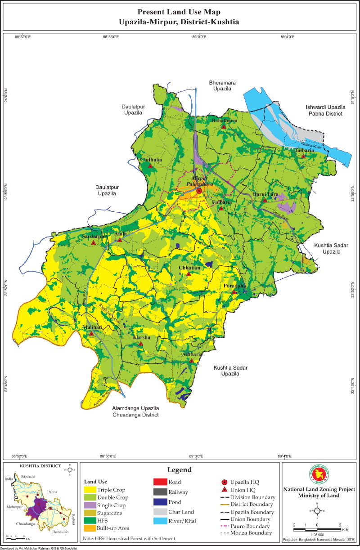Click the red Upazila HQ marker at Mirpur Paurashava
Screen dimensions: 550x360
point(199,191)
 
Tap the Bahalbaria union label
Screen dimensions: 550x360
point(224,121)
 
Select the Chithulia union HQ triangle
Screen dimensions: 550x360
point(150,166)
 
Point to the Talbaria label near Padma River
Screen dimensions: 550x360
point(304,151)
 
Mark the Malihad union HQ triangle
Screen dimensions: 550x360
point(91,333)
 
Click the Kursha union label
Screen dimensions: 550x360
point(141,337)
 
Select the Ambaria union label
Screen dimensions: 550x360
point(192,354)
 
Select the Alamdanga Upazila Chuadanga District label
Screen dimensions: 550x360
point(135,411)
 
